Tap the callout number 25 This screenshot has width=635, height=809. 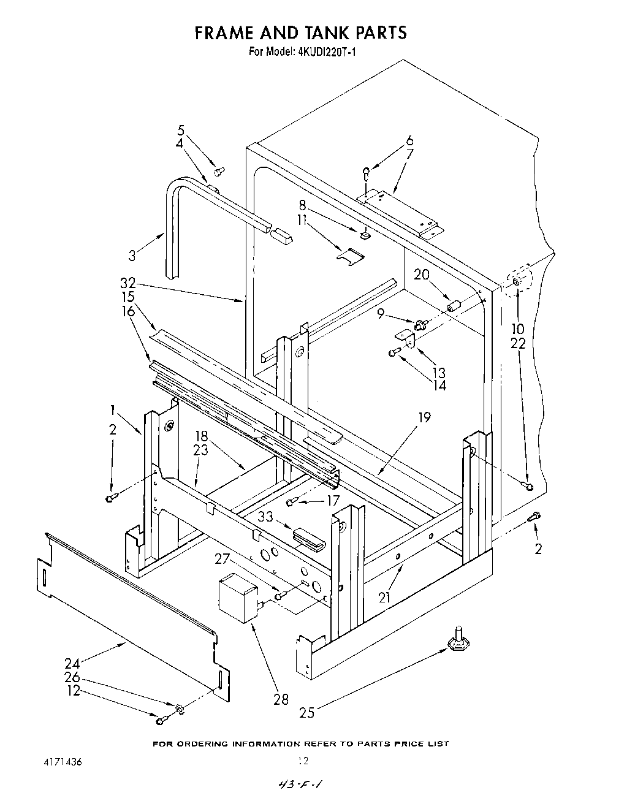[x=308, y=713]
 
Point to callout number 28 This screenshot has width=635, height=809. [x=281, y=699]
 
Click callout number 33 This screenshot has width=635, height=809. [x=265, y=517]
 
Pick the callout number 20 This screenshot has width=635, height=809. [x=422, y=275]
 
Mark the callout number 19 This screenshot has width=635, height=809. [x=425, y=418]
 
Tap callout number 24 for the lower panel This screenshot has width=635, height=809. [x=72, y=663]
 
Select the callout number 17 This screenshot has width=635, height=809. [x=333, y=501]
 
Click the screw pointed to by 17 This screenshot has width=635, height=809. [x=292, y=503]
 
